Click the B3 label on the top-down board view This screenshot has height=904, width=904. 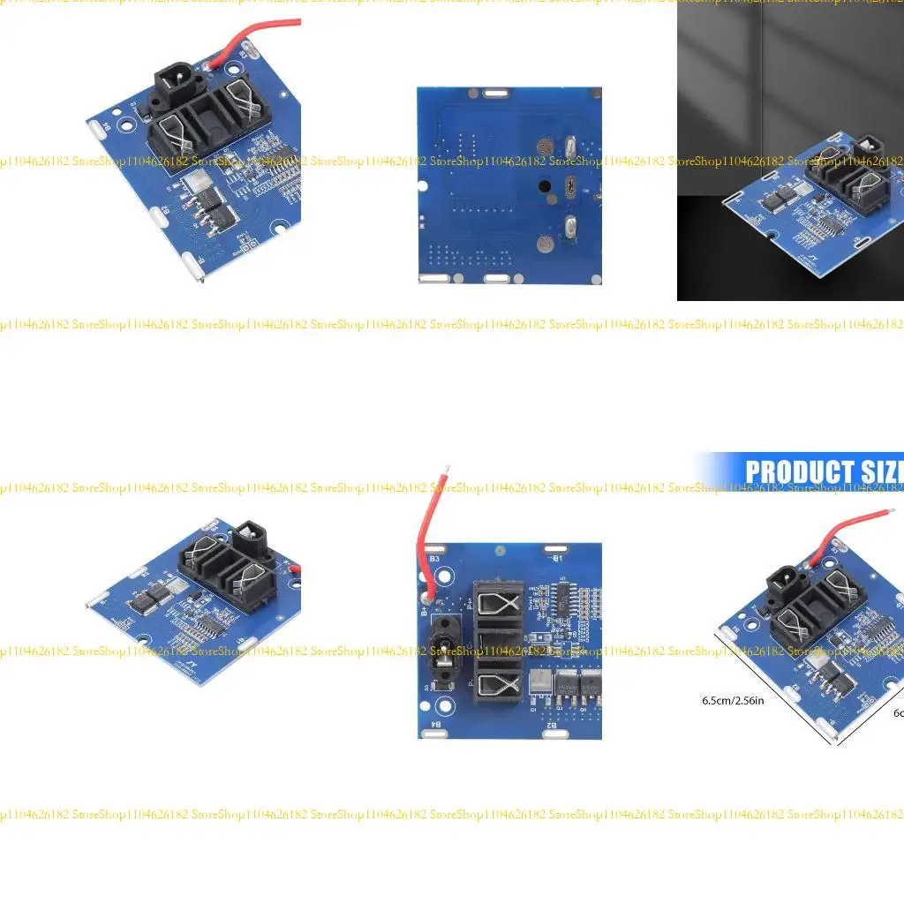point(434,559)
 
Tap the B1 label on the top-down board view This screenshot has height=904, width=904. point(557,559)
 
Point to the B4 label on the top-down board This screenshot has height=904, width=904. point(434,725)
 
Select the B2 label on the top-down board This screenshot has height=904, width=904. point(551,725)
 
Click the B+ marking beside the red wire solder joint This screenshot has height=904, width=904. point(425,609)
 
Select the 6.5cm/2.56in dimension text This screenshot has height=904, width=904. point(733,700)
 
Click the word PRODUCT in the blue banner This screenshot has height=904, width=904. point(798,472)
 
